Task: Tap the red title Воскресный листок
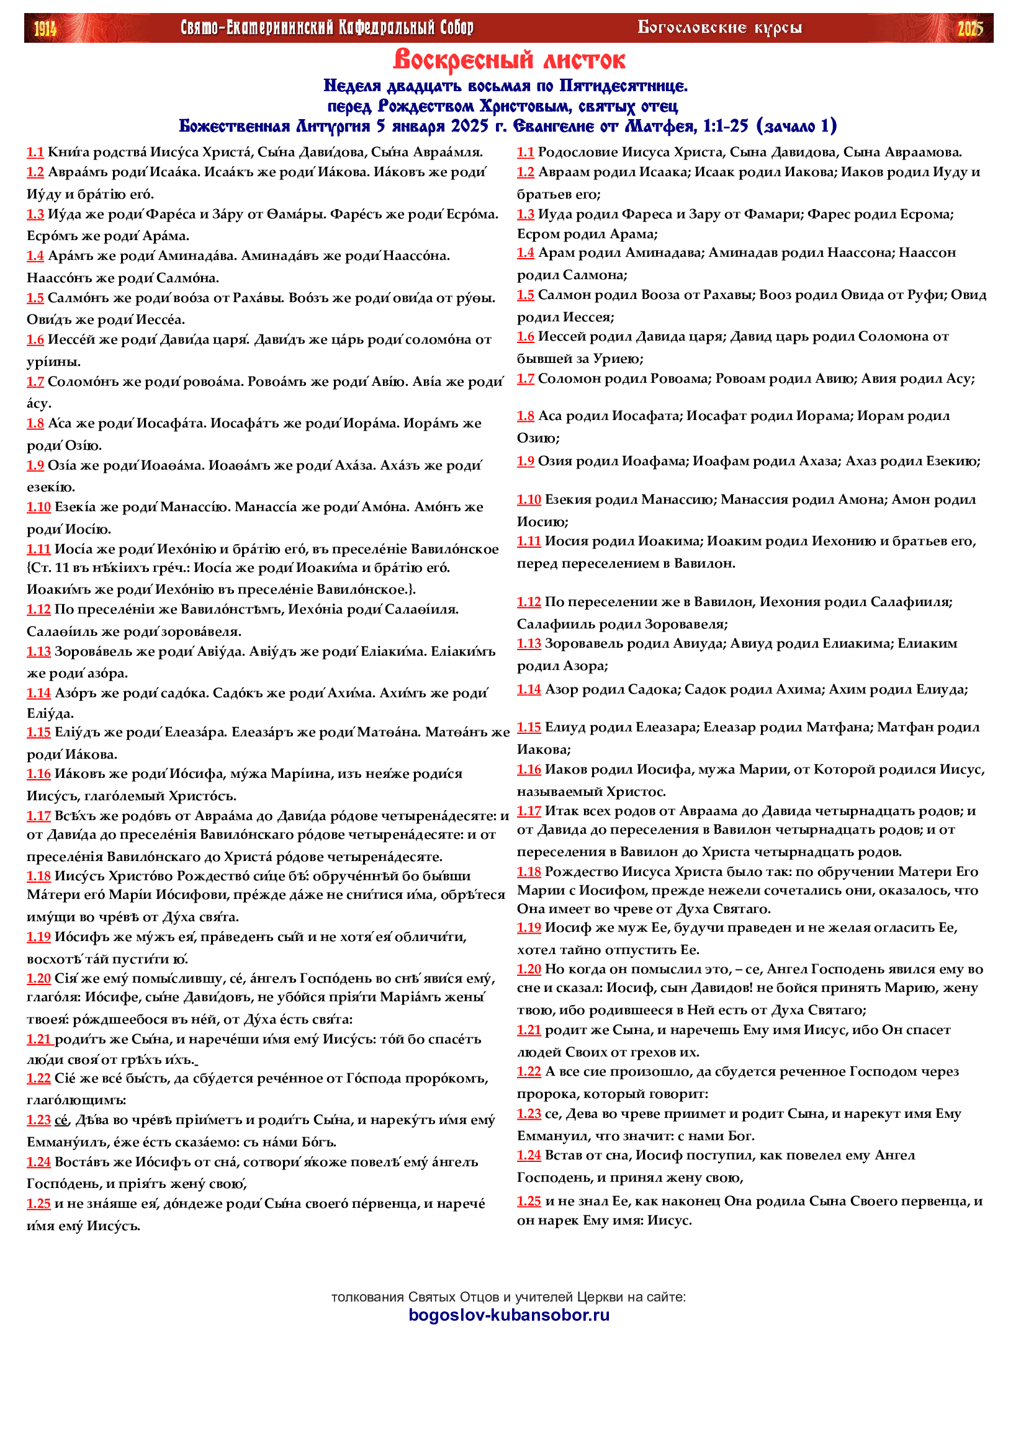[509, 60]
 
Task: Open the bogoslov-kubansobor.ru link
[509, 1315]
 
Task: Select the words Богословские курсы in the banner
[719, 28]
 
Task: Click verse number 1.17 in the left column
[38, 816]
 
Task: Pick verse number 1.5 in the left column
[35, 298]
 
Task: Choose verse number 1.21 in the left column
[38, 1040]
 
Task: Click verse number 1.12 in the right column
[528, 602]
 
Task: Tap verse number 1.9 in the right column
[525, 462]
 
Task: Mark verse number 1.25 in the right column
[528, 1202]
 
